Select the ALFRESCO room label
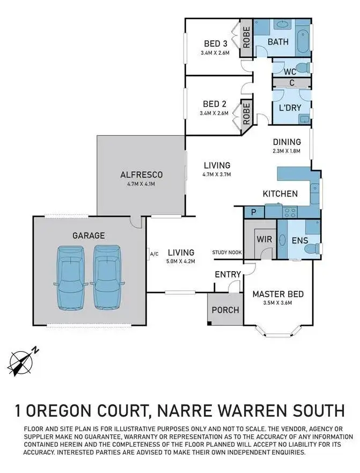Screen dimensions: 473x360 (x=141, y=174)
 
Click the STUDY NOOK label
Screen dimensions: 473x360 (x=227, y=252)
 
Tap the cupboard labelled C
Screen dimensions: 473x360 (x=291, y=83)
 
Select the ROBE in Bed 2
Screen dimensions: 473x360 (x=246, y=114)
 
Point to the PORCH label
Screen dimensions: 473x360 (x=225, y=310)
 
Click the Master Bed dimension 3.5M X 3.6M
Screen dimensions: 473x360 (x=278, y=303)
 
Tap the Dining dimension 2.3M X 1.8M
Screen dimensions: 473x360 (x=286, y=151)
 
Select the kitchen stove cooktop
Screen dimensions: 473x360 (x=290, y=211)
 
